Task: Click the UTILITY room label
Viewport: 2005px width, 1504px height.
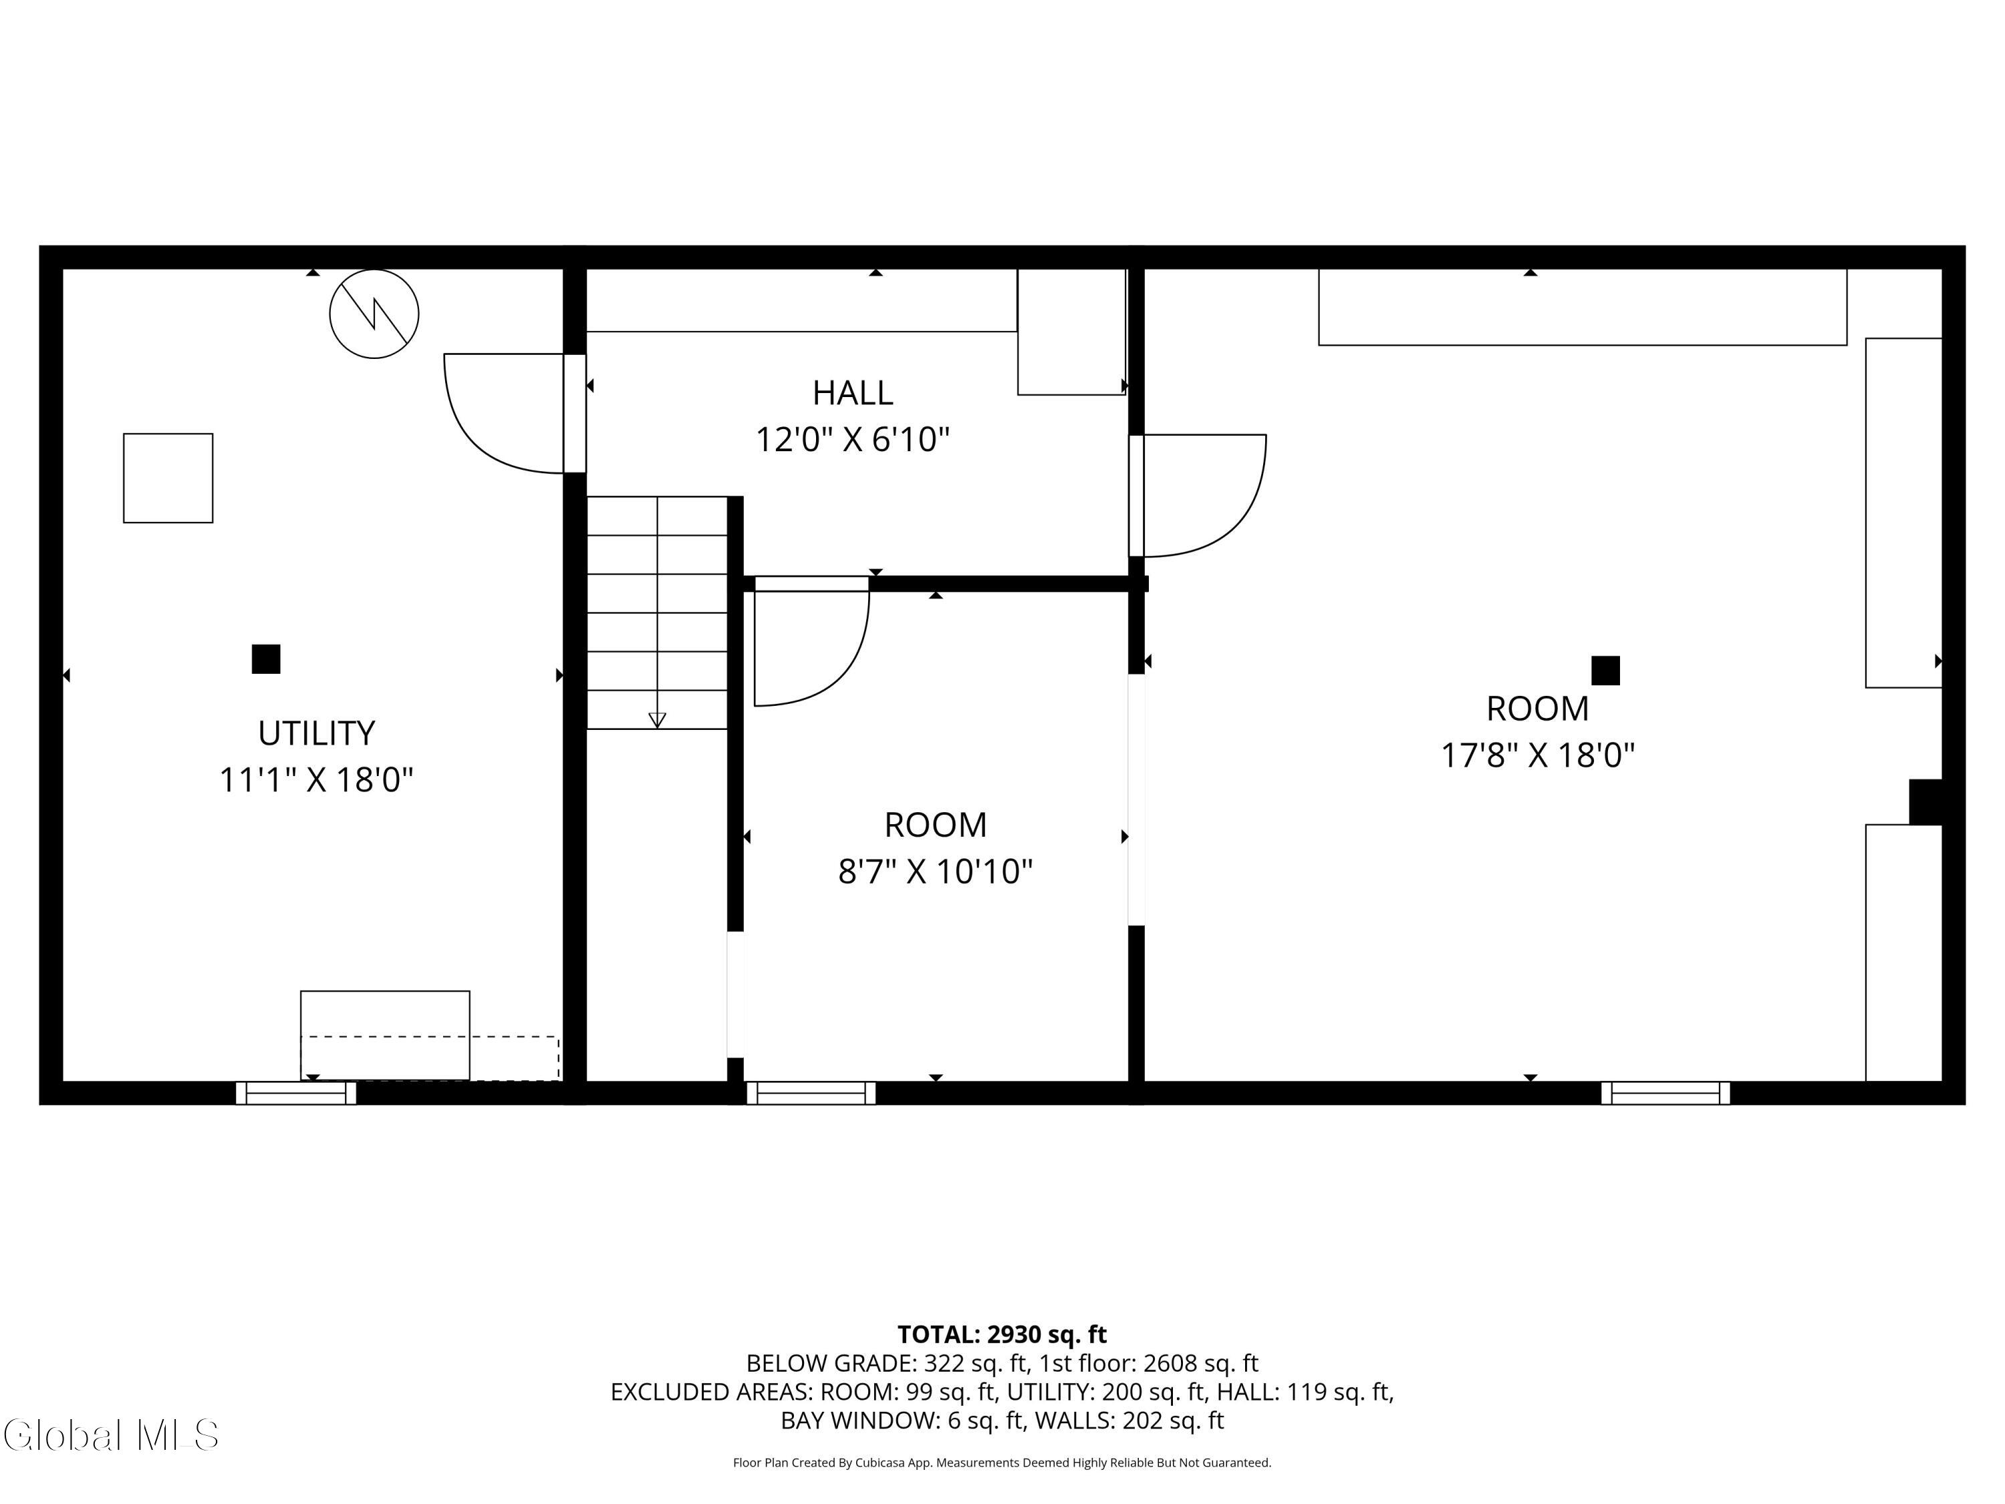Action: point(316,733)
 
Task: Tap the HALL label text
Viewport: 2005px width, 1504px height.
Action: point(852,392)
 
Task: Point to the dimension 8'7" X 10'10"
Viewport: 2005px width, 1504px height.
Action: point(936,871)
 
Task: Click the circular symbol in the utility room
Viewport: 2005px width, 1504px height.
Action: point(374,314)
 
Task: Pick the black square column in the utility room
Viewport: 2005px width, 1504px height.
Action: point(265,659)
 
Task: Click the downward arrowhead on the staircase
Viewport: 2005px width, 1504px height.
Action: point(657,721)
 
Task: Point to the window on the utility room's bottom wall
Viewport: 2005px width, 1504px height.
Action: point(296,1094)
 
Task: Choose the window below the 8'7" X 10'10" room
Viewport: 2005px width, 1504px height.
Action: point(811,1094)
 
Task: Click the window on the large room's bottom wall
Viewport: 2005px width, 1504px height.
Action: point(1665,1094)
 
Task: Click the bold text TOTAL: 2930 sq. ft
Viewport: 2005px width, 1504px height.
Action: point(1002,1334)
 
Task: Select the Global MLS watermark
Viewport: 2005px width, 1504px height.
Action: point(110,1435)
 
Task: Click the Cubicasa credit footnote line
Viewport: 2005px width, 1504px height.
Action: point(1002,1463)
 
